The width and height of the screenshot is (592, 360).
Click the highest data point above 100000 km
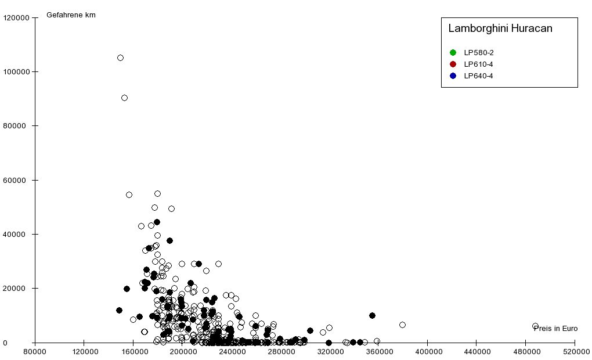tap(120, 57)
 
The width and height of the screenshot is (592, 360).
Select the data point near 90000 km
tap(124, 98)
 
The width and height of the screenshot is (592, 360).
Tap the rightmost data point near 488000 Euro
tap(535, 326)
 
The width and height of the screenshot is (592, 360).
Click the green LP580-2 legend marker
tap(453, 53)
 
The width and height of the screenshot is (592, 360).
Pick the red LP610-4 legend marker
tap(453, 64)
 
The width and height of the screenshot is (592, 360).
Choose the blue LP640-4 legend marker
tap(453, 75)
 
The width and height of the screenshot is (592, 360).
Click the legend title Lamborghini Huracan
tap(500, 28)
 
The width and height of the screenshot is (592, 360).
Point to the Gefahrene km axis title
tap(71, 15)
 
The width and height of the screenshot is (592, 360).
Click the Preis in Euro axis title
tap(555, 329)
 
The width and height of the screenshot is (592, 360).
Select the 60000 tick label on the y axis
tap(18, 181)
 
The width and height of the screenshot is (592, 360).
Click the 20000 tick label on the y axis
tap(18, 289)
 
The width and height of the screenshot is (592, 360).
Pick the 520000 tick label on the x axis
tap(575, 351)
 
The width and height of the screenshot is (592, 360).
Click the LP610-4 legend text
tap(478, 64)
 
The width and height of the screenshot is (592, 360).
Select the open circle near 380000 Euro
tap(402, 325)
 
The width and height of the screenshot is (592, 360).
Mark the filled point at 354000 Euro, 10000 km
tap(372, 315)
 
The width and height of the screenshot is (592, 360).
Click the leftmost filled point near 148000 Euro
tap(119, 310)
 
